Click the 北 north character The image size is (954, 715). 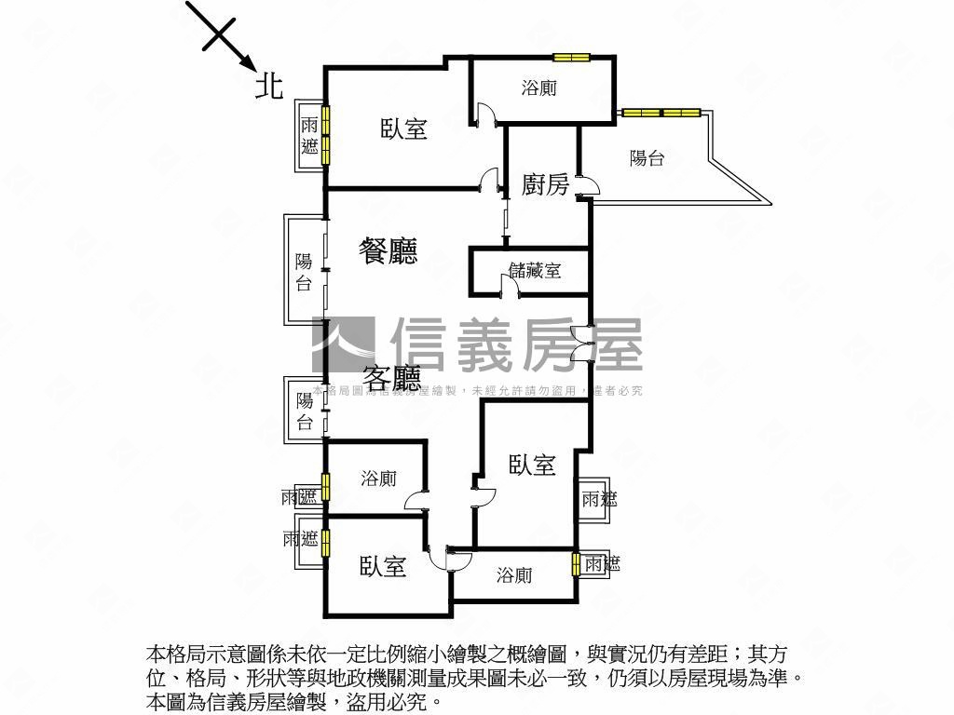269,87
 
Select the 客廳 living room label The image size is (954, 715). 391,378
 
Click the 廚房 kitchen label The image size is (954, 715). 545,184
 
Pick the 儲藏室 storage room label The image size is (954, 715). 535,271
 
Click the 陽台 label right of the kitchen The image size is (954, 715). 647,158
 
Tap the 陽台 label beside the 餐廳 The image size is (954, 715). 304,272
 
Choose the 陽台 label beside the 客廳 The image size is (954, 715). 305,411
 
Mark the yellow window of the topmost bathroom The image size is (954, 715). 569,58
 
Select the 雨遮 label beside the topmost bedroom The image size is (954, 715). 309,135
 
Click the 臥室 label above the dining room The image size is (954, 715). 403,129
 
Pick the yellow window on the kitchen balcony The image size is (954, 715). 661,114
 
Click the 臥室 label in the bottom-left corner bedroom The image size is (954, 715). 383,565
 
